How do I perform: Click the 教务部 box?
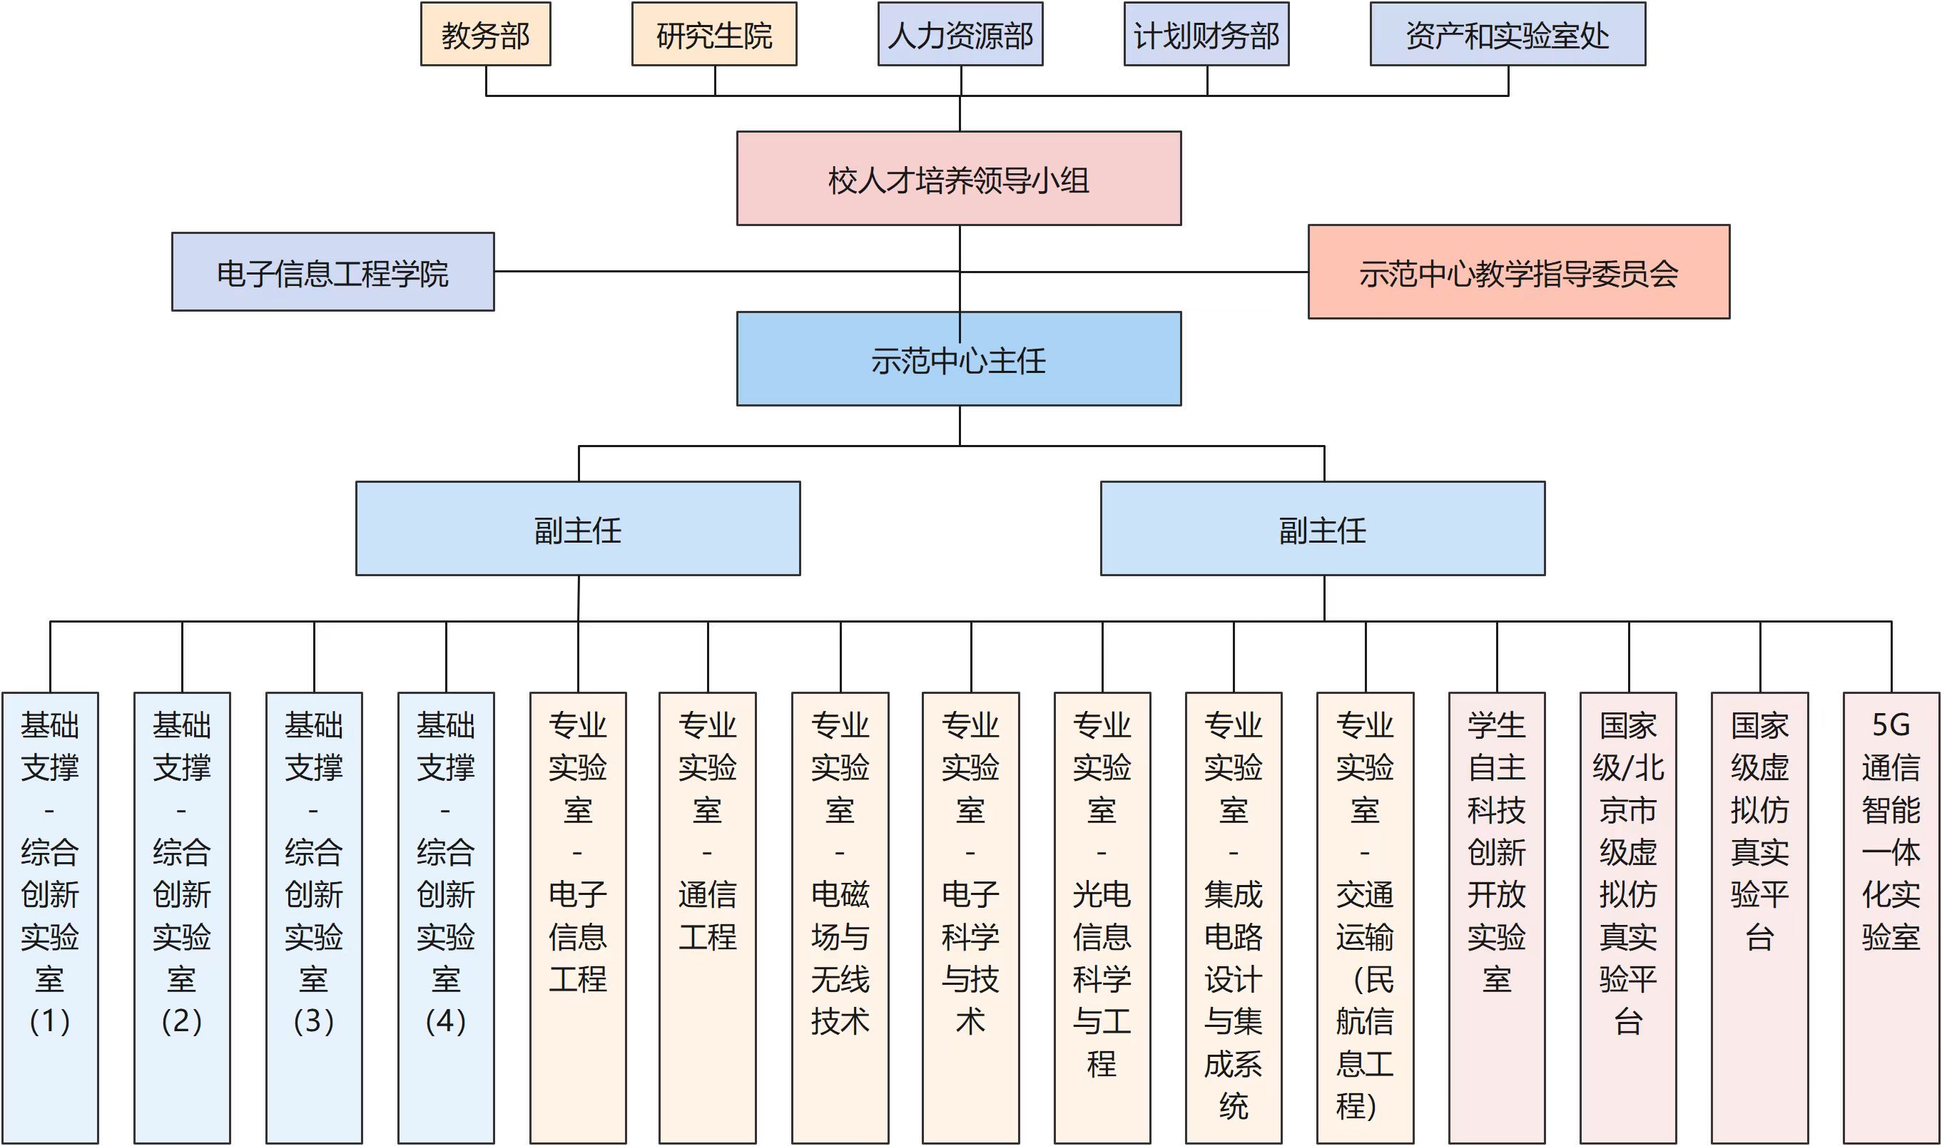point(485,34)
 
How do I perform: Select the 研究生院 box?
point(713,34)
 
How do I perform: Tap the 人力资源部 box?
point(960,34)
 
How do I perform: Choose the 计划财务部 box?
point(1206,34)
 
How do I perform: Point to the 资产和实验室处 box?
point(1507,34)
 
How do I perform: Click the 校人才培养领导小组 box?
point(959,178)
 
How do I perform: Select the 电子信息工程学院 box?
point(333,272)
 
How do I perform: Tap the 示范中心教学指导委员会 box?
point(1518,272)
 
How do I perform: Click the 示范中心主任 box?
point(959,358)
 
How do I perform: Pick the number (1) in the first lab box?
point(50,1022)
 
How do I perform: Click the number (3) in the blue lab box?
point(314,1022)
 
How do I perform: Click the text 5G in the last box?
point(1890,725)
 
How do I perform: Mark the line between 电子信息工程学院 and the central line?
point(726,272)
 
